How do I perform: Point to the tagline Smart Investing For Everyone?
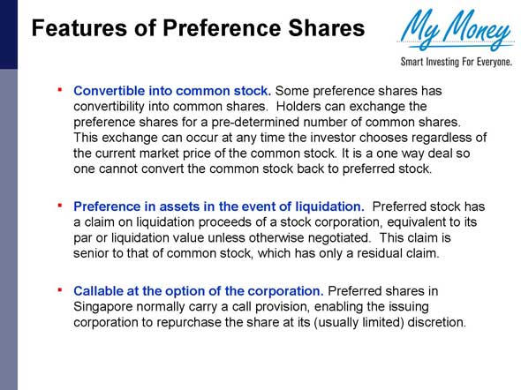click(456, 62)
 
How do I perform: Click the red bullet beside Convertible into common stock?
click(60, 89)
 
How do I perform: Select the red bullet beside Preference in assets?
click(60, 206)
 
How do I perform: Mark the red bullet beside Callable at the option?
click(60, 289)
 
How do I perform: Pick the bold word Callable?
click(101, 290)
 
